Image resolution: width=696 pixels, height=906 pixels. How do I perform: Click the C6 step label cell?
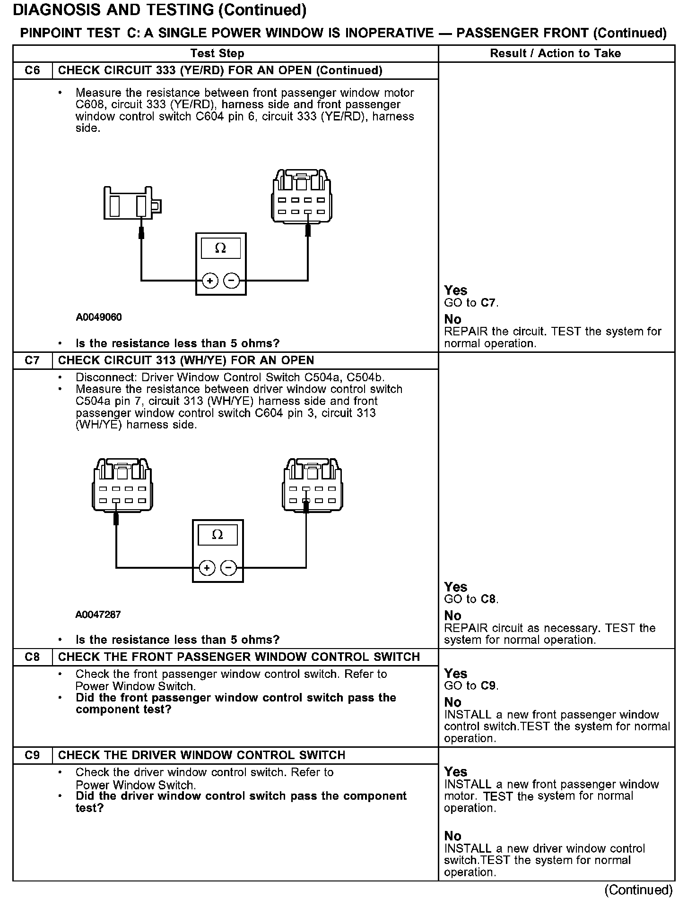[32, 70]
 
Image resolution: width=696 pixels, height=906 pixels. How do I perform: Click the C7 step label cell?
[32, 360]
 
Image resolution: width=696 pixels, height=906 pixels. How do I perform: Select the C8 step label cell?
[32, 657]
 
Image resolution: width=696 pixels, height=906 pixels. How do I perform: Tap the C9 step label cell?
[32, 755]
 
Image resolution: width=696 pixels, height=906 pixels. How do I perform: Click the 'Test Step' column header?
[217, 53]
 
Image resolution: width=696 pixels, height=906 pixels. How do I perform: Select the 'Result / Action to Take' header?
[555, 53]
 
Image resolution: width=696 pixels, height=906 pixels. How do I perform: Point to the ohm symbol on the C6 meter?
[220, 248]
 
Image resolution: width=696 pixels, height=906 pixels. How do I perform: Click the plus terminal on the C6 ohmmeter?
[209, 281]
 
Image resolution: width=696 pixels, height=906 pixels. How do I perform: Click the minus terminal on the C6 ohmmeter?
[231, 281]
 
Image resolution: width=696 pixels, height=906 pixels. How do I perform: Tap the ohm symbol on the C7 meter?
[217, 535]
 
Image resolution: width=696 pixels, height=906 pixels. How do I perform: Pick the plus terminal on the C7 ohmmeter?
[207, 568]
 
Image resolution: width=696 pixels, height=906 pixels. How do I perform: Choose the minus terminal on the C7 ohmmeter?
[228, 568]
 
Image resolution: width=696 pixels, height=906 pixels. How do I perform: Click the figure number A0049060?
[98, 317]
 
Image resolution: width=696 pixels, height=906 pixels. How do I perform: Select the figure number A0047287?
[98, 615]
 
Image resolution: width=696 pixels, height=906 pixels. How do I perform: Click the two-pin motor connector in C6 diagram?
[132, 203]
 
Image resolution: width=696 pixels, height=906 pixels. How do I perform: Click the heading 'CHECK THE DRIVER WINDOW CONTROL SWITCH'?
[201, 755]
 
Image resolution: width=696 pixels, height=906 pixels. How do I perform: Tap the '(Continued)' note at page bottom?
[638, 890]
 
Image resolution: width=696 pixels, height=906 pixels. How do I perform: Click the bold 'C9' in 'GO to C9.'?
[489, 685]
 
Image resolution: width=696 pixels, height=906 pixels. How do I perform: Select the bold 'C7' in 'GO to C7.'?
[489, 303]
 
